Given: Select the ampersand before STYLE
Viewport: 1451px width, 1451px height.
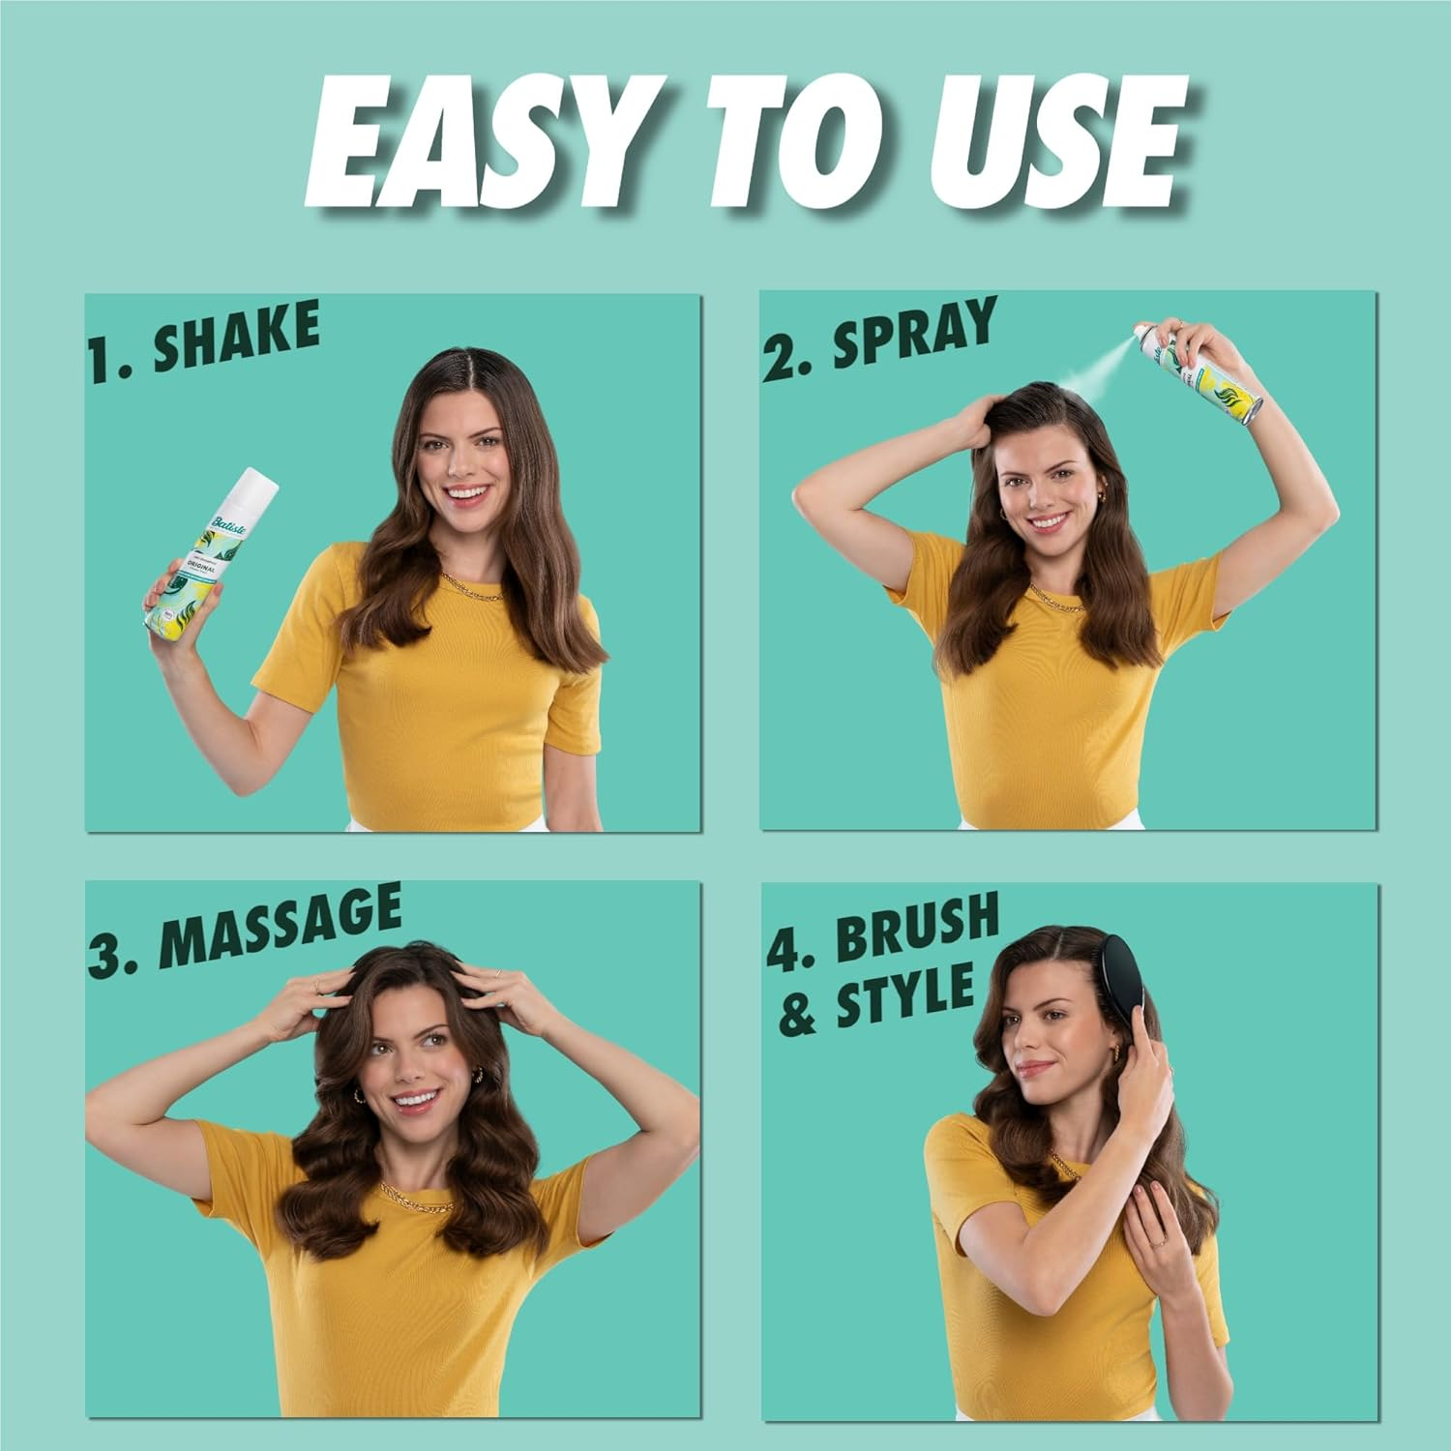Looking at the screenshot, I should (797, 1016).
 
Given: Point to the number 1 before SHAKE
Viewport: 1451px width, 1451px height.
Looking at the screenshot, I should (102, 361).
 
